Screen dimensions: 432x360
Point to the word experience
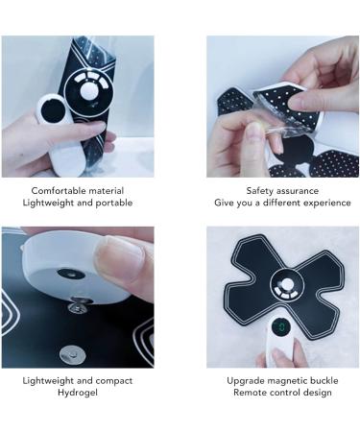point(324,203)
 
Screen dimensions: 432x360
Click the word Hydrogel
point(77,393)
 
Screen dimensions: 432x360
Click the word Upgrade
point(245,380)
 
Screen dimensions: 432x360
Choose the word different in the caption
point(281,203)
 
